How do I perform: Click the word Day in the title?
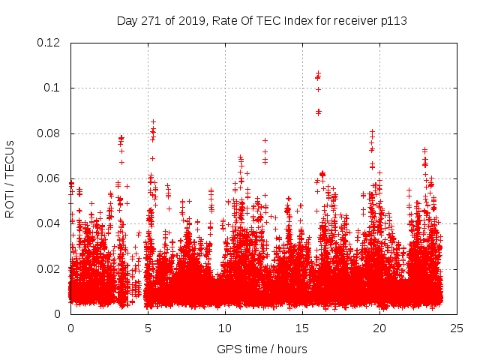coord(127,20)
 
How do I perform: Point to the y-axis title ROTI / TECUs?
coord(10,178)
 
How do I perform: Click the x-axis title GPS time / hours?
coord(262,349)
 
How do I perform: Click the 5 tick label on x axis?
coord(148,328)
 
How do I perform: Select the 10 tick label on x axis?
coord(225,328)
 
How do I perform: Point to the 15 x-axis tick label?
coord(302,328)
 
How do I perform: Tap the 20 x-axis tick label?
coord(379,328)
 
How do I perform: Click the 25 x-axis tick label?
coord(457,328)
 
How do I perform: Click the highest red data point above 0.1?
coord(318,73)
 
